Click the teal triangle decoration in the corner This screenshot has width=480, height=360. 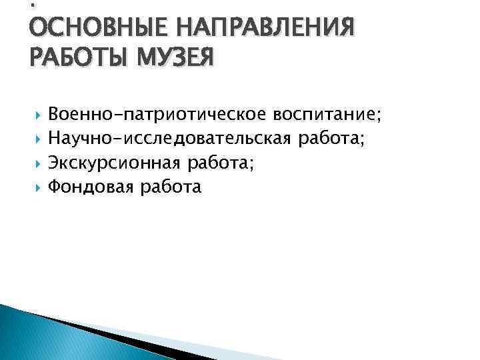33,337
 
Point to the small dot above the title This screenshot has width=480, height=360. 33,6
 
